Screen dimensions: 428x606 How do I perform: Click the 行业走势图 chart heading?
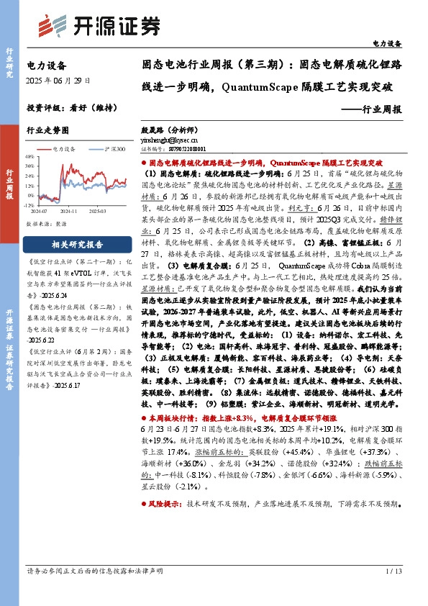click(47, 130)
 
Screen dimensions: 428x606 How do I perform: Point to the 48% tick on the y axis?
click(29, 155)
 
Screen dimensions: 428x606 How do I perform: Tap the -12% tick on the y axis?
click(29, 205)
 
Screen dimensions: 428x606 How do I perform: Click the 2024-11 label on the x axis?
click(69, 211)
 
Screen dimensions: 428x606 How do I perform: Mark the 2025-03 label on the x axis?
click(98, 211)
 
